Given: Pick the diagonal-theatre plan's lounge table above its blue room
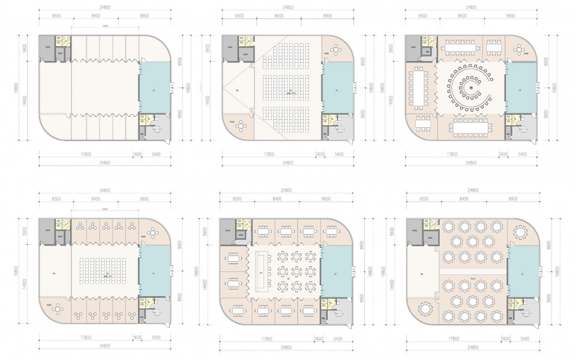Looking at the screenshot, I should click(x=335, y=55).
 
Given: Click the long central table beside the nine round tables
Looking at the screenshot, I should click(x=262, y=274).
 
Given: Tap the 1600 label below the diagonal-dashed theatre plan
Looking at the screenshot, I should click(x=320, y=154).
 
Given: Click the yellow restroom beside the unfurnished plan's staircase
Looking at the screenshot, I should click(x=145, y=119).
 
